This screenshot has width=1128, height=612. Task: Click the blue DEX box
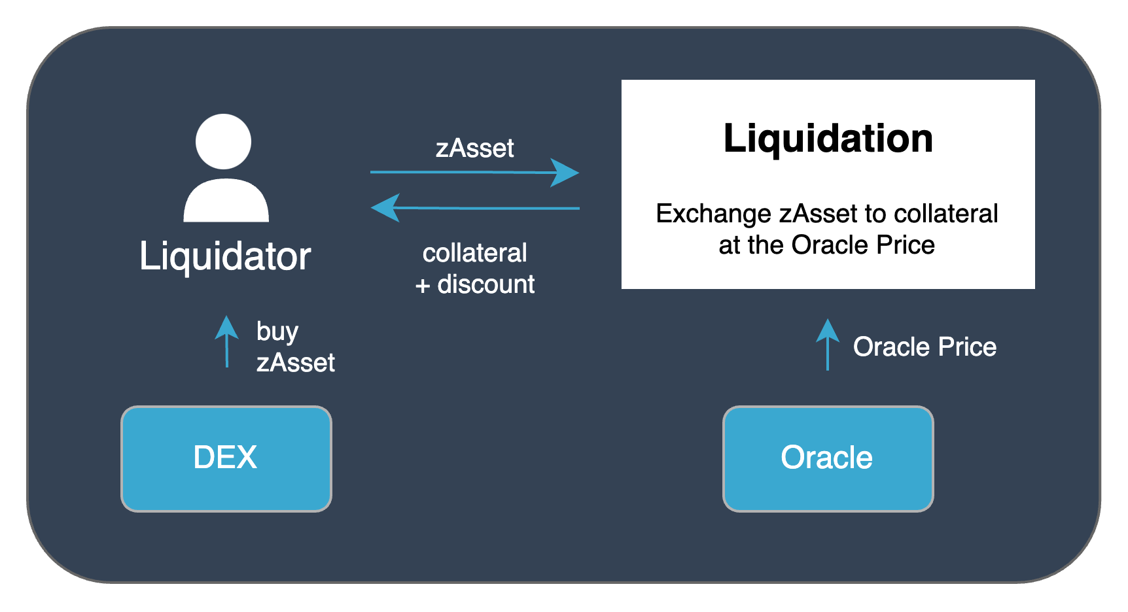coord(226,458)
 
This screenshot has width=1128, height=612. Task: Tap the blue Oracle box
coord(828,458)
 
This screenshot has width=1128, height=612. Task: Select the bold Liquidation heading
coord(828,139)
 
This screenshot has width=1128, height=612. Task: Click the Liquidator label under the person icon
coord(225,256)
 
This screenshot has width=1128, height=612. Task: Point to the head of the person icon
coord(224,141)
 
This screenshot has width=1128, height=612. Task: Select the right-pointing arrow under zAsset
coord(474,173)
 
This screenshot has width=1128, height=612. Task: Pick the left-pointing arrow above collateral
coord(474,208)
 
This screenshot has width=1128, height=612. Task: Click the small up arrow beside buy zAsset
coord(227,341)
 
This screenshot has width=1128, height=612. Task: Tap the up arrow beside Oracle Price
coord(828,345)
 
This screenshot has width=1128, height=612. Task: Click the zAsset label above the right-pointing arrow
coord(475,148)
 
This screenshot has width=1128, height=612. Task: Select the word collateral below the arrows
coord(475,253)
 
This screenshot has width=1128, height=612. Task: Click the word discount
coord(486,284)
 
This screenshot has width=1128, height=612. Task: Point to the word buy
coord(277,332)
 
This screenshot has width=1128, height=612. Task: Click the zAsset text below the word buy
coord(296,363)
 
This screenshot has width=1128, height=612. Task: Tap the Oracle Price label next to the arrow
coord(925,347)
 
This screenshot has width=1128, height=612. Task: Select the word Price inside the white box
coord(906,245)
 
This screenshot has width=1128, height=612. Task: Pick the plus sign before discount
coord(423,286)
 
